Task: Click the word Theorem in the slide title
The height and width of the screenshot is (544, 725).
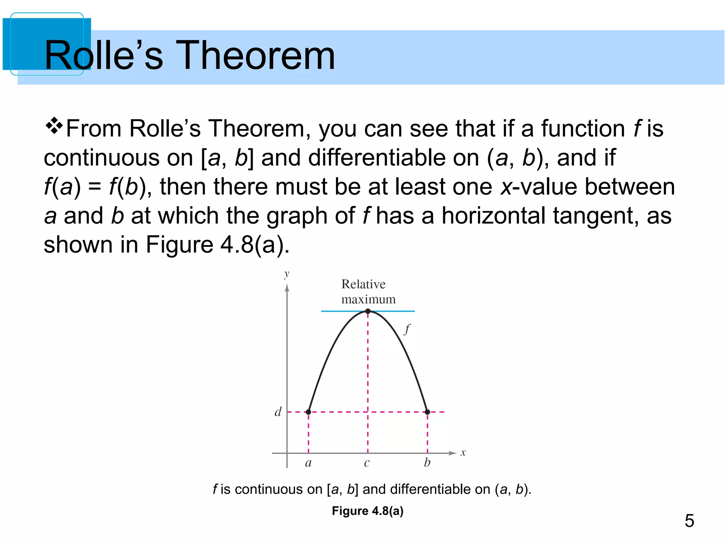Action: [255, 55]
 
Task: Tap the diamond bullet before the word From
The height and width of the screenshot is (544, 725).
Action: [54, 126]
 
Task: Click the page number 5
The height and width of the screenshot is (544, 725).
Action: [689, 521]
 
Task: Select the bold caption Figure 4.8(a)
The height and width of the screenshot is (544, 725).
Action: [367, 511]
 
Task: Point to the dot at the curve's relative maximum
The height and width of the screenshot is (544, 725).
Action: [368, 311]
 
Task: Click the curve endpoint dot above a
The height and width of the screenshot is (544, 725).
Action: [308, 412]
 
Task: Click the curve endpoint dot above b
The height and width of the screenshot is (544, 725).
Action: [427, 412]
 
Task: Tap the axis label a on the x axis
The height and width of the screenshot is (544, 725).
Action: [308, 463]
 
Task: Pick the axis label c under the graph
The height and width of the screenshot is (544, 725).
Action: [367, 463]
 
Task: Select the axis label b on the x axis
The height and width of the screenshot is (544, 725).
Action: [427, 462]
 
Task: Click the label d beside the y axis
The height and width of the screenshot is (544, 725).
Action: [278, 412]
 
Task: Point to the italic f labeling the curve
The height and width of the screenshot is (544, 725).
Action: [407, 329]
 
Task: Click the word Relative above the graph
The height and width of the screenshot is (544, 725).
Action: [363, 284]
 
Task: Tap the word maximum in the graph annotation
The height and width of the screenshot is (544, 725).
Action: [368, 300]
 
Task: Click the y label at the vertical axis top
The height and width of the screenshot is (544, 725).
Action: [287, 274]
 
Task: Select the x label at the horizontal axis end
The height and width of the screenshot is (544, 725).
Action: [463, 453]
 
